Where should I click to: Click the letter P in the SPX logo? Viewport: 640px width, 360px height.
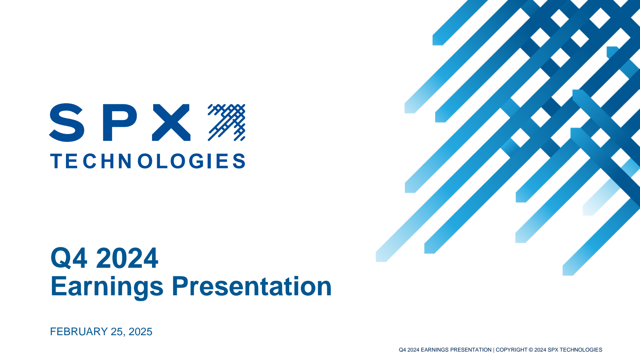120,122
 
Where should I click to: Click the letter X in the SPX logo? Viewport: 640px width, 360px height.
171,122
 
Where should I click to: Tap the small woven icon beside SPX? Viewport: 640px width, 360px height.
226,122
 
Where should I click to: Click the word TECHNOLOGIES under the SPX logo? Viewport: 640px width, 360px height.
148,161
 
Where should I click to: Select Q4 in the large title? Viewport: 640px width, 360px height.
69,258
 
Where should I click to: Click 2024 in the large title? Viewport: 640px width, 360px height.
127,258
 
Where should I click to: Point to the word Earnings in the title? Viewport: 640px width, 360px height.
107,287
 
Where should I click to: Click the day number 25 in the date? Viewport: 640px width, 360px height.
116,332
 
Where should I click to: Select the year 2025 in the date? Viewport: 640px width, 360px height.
140,332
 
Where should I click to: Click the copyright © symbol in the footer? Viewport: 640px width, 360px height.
531,350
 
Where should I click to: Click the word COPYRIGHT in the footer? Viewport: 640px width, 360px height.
512,350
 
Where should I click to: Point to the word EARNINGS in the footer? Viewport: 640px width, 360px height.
434,350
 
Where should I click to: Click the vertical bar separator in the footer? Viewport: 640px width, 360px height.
494,350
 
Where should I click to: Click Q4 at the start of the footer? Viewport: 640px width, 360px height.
402,350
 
